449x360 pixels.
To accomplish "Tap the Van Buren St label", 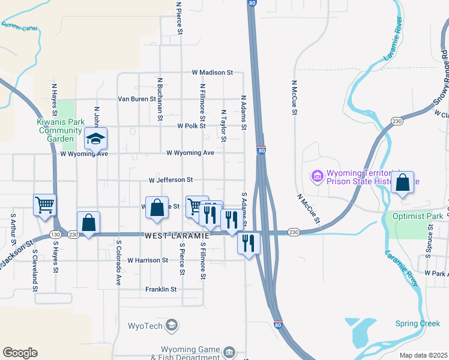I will pyautogui.click(x=136, y=99).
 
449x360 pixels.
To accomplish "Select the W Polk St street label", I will pyautogui.click(x=191, y=126).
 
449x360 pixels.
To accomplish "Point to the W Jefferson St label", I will pyautogui.click(x=170, y=179).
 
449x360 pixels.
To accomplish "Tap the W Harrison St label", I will pyautogui.click(x=148, y=260).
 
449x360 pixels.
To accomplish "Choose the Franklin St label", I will pyautogui.click(x=161, y=289).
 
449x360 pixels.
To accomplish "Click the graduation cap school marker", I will pyautogui.click(x=95, y=139).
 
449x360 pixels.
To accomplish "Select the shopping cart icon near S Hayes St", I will pyautogui.click(x=44, y=205).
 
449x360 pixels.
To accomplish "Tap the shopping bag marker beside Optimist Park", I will pyautogui.click(x=402, y=183).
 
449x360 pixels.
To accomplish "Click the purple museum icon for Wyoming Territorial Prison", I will pyautogui.click(x=316, y=176).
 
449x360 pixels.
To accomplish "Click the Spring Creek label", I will pyautogui.click(x=418, y=324).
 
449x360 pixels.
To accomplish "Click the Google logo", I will pyautogui.click(x=20, y=353).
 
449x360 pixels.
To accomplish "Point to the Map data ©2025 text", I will pyautogui.click(x=423, y=355).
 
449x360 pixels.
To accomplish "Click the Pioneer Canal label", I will pyautogui.click(x=19, y=26).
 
